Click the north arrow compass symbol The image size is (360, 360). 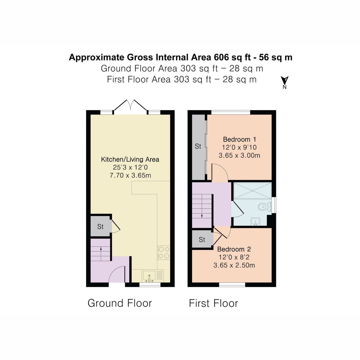(x=284, y=82)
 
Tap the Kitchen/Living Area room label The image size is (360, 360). (x=130, y=159)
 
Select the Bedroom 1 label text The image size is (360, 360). (x=239, y=139)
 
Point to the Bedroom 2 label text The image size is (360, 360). (x=234, y=249)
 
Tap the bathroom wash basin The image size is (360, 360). (x=256, y=221)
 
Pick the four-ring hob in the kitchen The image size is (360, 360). (x=163, y=252)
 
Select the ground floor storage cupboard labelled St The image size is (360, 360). (x=100, y=227)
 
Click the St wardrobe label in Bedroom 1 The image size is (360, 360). (x=198, y=146)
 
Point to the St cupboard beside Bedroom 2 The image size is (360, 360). (x=202, y=239)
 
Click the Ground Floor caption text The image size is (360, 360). (x=120, y=303)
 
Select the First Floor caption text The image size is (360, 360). (x=213, y=303)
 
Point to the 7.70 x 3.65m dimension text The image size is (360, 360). (x=130, y=175)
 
